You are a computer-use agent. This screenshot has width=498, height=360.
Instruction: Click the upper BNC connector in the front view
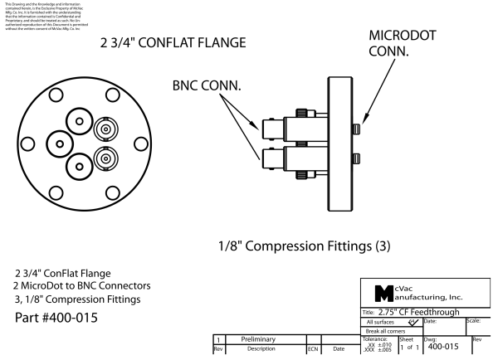point(105,130)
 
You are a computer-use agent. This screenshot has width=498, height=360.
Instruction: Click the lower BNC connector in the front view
point(105,158)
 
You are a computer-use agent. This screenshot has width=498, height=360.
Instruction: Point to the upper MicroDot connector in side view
point(357,128)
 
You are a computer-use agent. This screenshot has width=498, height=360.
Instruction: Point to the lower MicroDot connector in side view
point(357,158)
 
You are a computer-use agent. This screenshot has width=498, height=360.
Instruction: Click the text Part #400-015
point(60,319)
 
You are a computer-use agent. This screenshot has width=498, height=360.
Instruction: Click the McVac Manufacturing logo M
point(377,292)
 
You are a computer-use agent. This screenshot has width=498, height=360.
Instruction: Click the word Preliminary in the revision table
point(263,339)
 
